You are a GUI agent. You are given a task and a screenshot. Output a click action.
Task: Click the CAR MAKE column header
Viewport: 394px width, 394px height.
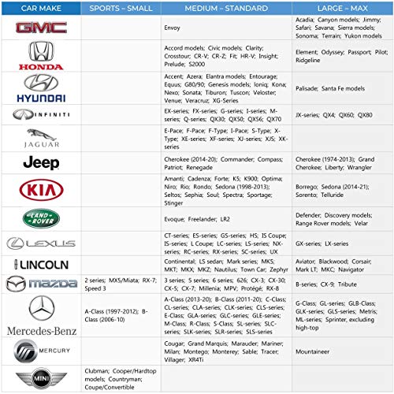(x=41, y=8)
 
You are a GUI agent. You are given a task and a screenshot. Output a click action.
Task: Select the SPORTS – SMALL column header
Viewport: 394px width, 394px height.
(x=121, y=8)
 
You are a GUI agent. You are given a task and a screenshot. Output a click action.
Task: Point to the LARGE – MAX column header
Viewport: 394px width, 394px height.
(x=341, y=8)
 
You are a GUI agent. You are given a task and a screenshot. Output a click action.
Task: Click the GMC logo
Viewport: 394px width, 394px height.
(x=41, y=28)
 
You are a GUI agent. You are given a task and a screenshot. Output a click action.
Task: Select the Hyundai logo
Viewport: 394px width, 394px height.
(x=41, y=88)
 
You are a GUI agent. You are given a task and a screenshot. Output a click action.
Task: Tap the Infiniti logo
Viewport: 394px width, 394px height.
(x=41, y=114)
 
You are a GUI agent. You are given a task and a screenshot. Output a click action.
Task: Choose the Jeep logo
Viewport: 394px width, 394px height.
(x=41, y=162)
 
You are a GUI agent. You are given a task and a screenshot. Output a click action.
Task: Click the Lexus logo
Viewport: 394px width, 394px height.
(x=41, y=243)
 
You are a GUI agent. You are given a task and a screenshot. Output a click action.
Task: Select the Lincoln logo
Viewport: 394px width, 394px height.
(x=41, y=264)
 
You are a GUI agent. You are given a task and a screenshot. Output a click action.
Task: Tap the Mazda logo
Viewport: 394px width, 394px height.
(x=41, y=282)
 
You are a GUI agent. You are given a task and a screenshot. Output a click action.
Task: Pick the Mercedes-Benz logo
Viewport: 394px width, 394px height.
(x=41, y=316)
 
